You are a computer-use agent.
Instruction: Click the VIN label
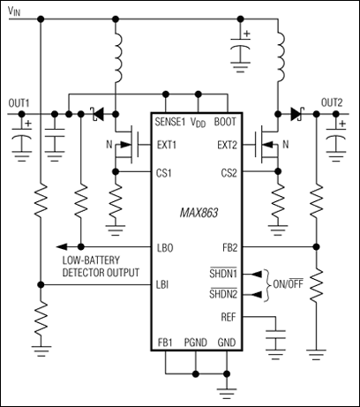[x=16, y=11]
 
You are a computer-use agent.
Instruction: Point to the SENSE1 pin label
[x=169, y=121]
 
